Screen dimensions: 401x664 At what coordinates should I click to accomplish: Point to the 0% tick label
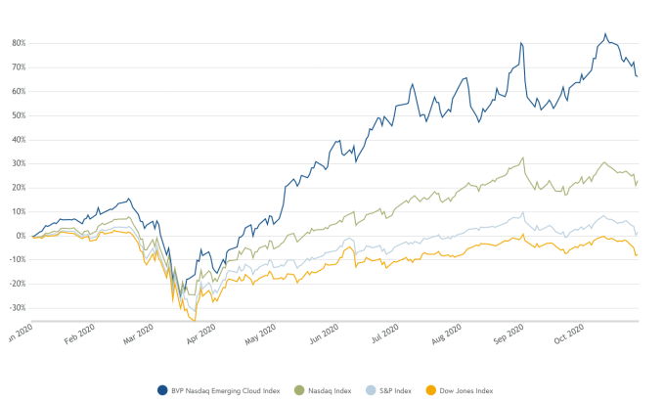[20, 236]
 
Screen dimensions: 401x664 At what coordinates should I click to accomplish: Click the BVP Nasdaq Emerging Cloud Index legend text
[226, 390]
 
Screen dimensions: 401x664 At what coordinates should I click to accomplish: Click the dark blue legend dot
[162, 390]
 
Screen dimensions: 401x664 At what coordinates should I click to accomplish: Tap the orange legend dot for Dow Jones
[430, 390]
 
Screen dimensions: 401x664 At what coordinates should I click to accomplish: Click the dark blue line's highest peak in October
[605, 34]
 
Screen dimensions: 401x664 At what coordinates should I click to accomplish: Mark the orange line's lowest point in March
[195, 320]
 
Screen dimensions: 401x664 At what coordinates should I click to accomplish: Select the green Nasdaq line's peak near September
[523, 157]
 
